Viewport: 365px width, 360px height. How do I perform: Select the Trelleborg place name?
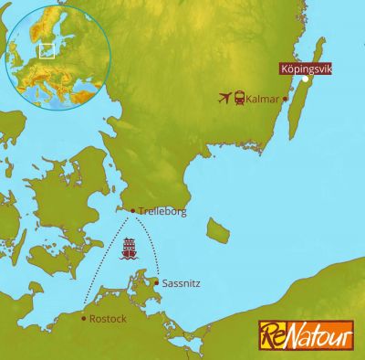click(162, 211)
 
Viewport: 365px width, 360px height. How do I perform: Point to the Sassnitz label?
click(180, 284)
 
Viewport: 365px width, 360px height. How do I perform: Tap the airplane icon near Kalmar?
click(224, 98)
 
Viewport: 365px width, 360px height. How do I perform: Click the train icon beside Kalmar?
click(239, 98)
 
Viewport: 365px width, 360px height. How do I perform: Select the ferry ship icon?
click(130, 248)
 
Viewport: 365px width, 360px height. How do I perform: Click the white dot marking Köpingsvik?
click(306, 79)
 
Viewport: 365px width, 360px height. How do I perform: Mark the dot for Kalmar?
click(286, 99)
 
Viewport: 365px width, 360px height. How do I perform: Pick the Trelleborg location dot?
click(133, 211)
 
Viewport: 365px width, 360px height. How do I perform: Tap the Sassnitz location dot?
click(157, 282)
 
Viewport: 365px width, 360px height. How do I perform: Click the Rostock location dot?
click(84, 319)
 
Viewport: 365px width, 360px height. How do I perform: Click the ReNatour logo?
click(305, 334)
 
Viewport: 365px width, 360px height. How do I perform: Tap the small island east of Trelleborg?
click(217, 228)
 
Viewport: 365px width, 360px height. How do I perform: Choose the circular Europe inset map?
click(57, 56)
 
